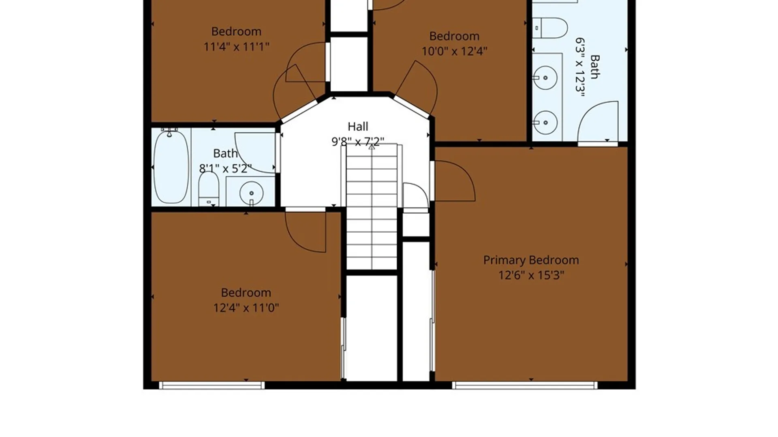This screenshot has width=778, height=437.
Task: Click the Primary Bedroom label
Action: [x=531, y=260]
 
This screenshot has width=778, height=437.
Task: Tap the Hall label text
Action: [x=358, y=127]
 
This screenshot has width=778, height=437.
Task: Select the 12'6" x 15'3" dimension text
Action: [x=531, y=275]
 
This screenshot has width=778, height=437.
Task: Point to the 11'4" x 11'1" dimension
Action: [x=236, y=47]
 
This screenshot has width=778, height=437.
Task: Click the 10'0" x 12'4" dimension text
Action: [x=454, y=51]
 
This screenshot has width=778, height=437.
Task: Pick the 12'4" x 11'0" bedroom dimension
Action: [x=246, y=308]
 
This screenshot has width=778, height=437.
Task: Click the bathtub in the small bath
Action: [x=171, y=166]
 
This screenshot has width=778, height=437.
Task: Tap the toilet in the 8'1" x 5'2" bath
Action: [x=209, y=189]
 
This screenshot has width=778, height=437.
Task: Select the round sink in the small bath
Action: [x=251, y=193]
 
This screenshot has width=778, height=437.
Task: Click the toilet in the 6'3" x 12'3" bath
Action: [x=550, y=28]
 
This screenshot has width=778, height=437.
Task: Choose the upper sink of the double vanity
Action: [x=545, y=78]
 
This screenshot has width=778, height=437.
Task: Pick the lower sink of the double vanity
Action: [x=545, y=122]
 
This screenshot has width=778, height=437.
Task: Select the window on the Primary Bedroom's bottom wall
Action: [x=525, y=385]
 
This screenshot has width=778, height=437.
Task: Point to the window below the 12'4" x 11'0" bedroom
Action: [x=212, y=385]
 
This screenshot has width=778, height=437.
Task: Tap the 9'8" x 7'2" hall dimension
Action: [x=358, y=142]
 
